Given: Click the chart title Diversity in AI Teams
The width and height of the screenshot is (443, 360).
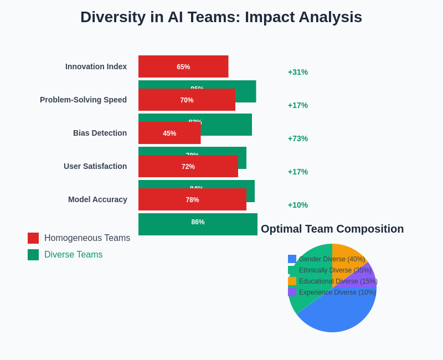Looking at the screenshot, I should click(221, 17).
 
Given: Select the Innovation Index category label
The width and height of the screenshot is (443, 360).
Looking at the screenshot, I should click(96, 66).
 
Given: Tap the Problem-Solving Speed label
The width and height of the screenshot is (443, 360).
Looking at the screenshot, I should click(83, 100).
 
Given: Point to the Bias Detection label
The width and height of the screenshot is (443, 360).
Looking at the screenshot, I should click(100, 133).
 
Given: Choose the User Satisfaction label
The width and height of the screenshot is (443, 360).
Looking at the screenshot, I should click(95, 166).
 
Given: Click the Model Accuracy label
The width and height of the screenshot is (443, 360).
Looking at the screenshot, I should click(97, 199).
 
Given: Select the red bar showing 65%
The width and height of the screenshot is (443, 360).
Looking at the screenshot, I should click(183, 66).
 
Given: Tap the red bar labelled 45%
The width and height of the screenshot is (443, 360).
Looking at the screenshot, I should click(169, 133).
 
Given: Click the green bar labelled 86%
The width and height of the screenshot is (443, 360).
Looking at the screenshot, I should click(198, 224).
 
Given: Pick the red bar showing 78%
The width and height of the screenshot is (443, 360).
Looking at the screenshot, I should click(192, 199).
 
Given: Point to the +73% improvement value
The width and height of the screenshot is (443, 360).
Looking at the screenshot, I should click(298, 138).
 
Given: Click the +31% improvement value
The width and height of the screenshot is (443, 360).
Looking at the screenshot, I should click(298, 72).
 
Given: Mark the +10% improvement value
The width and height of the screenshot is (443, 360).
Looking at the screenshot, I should click(298, 205).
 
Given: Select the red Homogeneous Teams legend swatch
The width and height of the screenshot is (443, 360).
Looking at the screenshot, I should click(33, 238).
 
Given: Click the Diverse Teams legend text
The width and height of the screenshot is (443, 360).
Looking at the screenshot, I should click(73, 255).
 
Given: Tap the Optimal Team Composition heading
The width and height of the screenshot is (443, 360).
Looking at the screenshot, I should click(332, 229).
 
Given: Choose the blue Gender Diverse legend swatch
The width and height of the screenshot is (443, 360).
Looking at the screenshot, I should click(292, 259).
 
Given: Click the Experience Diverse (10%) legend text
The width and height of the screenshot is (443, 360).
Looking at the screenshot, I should click(337, 292).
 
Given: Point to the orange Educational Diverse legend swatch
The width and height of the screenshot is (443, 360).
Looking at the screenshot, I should click(292, 281).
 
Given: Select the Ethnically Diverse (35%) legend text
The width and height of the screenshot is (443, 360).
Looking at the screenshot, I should click(335, 270).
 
